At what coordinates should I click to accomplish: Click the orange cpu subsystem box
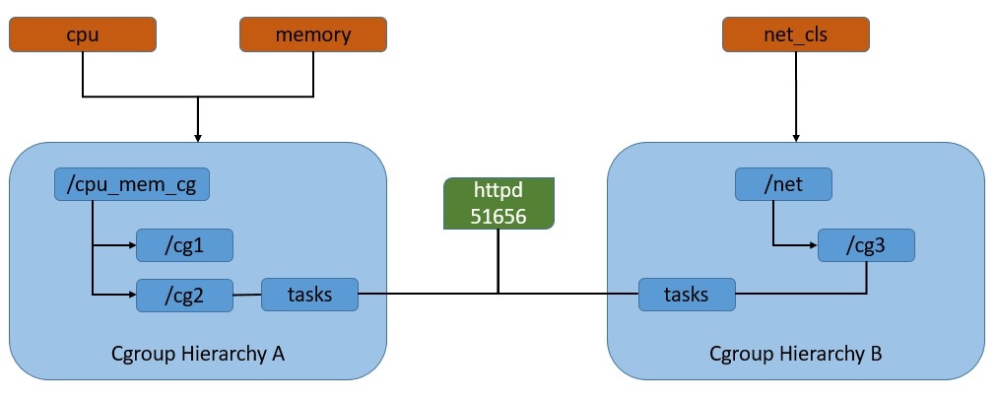coord(82,35)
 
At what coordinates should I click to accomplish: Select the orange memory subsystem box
coord(313,35)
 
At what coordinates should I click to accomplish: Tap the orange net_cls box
coord(796,35)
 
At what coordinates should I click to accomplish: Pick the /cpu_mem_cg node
coord(132,184)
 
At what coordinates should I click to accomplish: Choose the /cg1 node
coord(184,244)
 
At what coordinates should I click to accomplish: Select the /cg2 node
coord(184,295)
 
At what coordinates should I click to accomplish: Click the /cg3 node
coord(866,245)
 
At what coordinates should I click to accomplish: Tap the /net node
coord(784,184)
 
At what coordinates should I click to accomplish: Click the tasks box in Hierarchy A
coord(309,295)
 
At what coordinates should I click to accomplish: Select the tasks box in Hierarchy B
coord(687,295)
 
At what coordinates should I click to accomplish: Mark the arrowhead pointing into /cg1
coord(131,244)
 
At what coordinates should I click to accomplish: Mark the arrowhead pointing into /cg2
coord(131,295)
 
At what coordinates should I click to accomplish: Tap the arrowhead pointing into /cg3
coord(813,245)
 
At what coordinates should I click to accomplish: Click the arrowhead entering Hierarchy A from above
coord(198,137)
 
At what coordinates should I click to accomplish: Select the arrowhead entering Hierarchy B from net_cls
coord(796,137)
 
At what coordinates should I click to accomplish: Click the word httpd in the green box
coord(498,192)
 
